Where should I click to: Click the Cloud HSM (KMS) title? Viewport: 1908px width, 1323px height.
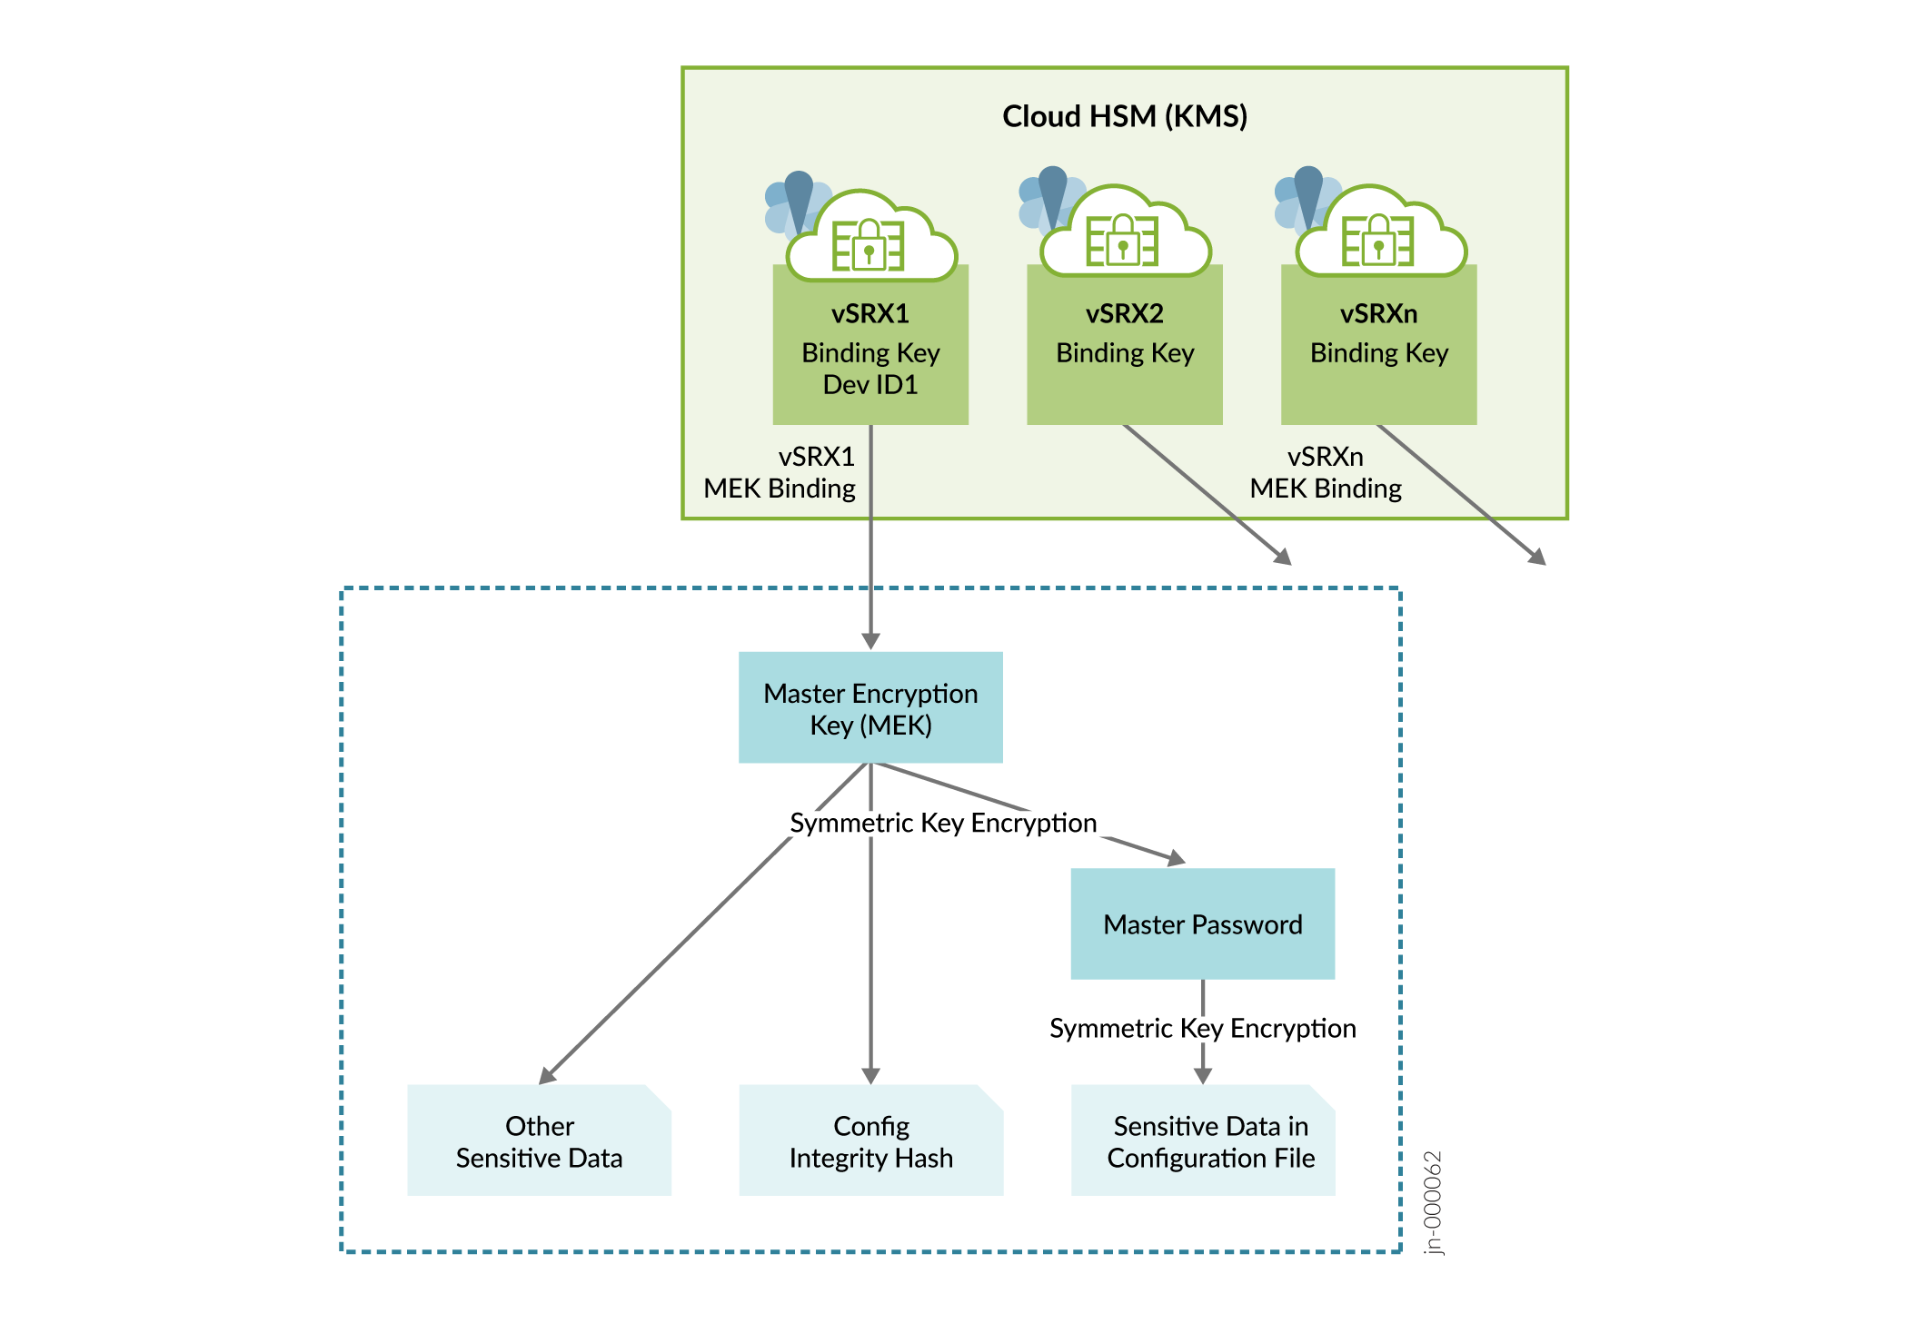[1124, 116]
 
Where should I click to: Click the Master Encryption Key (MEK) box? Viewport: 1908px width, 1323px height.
[870, 708]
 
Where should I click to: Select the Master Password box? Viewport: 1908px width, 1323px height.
[1202, 924]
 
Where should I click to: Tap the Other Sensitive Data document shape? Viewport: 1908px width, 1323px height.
[539, 1141]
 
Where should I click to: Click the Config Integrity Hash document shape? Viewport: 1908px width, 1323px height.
[870, 1141]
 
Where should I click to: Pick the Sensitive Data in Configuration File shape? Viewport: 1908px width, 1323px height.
[1203, 1141]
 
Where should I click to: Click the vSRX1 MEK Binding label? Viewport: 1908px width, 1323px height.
[780, 472]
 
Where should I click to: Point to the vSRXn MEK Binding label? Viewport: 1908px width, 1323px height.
[1326, 472]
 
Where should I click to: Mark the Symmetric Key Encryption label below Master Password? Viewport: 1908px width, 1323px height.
[1202, 1028]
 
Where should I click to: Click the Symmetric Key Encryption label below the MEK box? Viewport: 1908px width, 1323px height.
[943, 823]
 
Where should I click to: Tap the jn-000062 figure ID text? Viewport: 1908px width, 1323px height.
[1433, 1202]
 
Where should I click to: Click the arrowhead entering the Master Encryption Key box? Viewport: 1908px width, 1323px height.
[870, 641]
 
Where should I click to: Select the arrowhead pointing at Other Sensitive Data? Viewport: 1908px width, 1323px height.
[548, 1075]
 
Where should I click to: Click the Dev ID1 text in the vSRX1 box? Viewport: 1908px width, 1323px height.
[870, 385]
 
